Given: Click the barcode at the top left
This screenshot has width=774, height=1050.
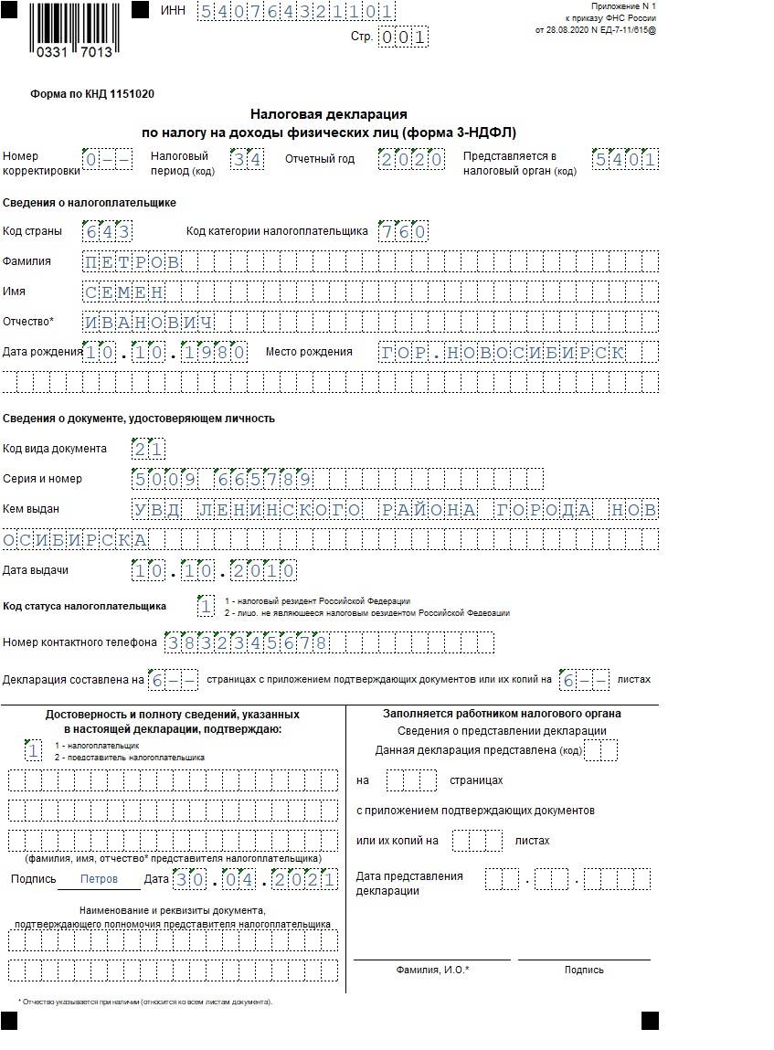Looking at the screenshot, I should (75, 29).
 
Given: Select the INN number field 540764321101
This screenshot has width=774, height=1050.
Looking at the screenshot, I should (296, 12).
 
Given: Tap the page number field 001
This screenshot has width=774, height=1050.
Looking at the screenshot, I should (403, 37).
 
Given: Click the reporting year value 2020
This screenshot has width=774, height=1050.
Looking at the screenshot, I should (411, 160).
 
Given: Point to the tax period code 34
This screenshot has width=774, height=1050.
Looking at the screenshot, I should (246, 160).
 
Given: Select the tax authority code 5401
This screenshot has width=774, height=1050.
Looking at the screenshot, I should (625, 160).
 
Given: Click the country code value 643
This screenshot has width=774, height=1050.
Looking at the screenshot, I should (107, 231).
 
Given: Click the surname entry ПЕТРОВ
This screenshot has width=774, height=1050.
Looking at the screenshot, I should (132, 262).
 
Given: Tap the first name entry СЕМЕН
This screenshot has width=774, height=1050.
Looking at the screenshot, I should (123, 292).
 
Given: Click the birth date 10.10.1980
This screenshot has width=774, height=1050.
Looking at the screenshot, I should (164, 353).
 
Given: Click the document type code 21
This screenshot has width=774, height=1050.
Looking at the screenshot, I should (148, 449).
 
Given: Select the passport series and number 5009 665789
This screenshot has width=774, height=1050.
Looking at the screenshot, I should (222, 479).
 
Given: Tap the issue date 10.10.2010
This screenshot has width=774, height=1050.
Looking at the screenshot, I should (214, 571).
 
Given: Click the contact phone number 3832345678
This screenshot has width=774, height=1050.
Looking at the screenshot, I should (247, 642).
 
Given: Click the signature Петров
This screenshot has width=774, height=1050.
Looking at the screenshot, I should (99, 879).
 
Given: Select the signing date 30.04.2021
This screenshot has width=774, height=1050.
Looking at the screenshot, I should (255, 879).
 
